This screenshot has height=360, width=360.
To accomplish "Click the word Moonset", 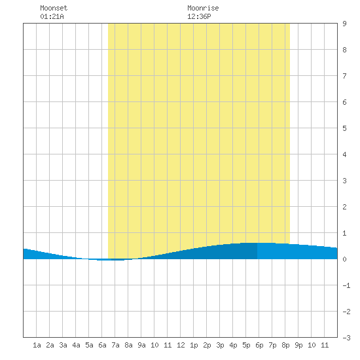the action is click(54, 8).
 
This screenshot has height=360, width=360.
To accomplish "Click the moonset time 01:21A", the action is click(52, 16).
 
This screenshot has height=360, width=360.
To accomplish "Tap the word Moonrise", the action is click(203, 8).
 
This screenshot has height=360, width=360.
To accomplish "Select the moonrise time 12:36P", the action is click(199, 16).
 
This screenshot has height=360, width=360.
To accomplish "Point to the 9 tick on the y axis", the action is click(344, 24).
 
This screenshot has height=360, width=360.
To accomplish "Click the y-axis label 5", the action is click(344, 128).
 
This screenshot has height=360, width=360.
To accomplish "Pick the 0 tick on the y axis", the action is click(344, 259).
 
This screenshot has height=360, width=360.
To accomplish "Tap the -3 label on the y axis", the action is click(346, 338).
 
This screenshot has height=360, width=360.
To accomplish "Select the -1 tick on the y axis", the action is click(346, 285).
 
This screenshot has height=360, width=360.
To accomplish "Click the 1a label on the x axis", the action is click(37, 345).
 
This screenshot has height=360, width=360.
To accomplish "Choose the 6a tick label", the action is click(102, 345).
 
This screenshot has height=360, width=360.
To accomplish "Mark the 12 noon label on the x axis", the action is click(181, 345).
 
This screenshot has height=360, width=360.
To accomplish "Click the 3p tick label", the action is click(220, 345).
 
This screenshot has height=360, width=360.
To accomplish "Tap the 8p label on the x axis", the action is click(285, 345).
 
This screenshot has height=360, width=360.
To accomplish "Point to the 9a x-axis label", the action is click(141, 345).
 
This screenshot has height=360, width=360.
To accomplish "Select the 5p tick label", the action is click(246, 345).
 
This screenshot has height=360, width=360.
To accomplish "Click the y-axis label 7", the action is click(344, 76).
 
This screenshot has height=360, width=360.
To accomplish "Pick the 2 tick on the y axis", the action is click(344, 207).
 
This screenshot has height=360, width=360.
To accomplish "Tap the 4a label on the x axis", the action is click(76, 345).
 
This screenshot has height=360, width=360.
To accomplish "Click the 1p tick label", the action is click(194, 345).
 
